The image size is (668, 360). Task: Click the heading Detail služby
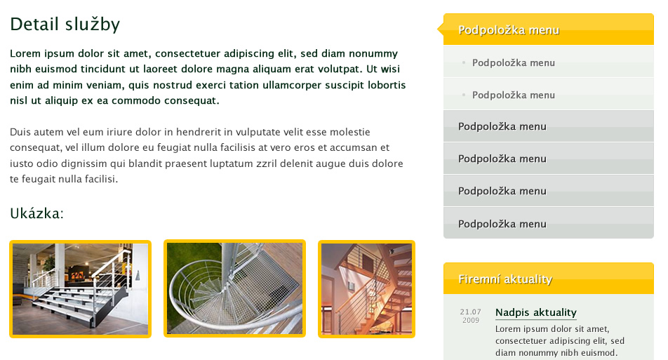(65, 25)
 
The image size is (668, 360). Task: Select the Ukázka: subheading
(36, 213)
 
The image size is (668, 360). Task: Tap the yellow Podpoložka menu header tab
(509, 29)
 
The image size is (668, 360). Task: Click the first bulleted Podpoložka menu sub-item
(514, 62)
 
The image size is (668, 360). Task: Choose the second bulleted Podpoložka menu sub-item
(514, 95)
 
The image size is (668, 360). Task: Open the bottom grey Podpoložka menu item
(502, 224)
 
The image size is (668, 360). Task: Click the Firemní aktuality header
(505, 279)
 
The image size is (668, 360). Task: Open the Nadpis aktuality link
(536, 312)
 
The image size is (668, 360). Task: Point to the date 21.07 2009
(470, 316)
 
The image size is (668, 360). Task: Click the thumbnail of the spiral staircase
(235, 288)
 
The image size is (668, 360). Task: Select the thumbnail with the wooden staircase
(366, 289)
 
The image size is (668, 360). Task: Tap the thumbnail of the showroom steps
(81, 289)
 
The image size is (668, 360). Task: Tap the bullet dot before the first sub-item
(464, 62)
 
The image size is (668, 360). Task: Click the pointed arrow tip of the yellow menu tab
(438, 29)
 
